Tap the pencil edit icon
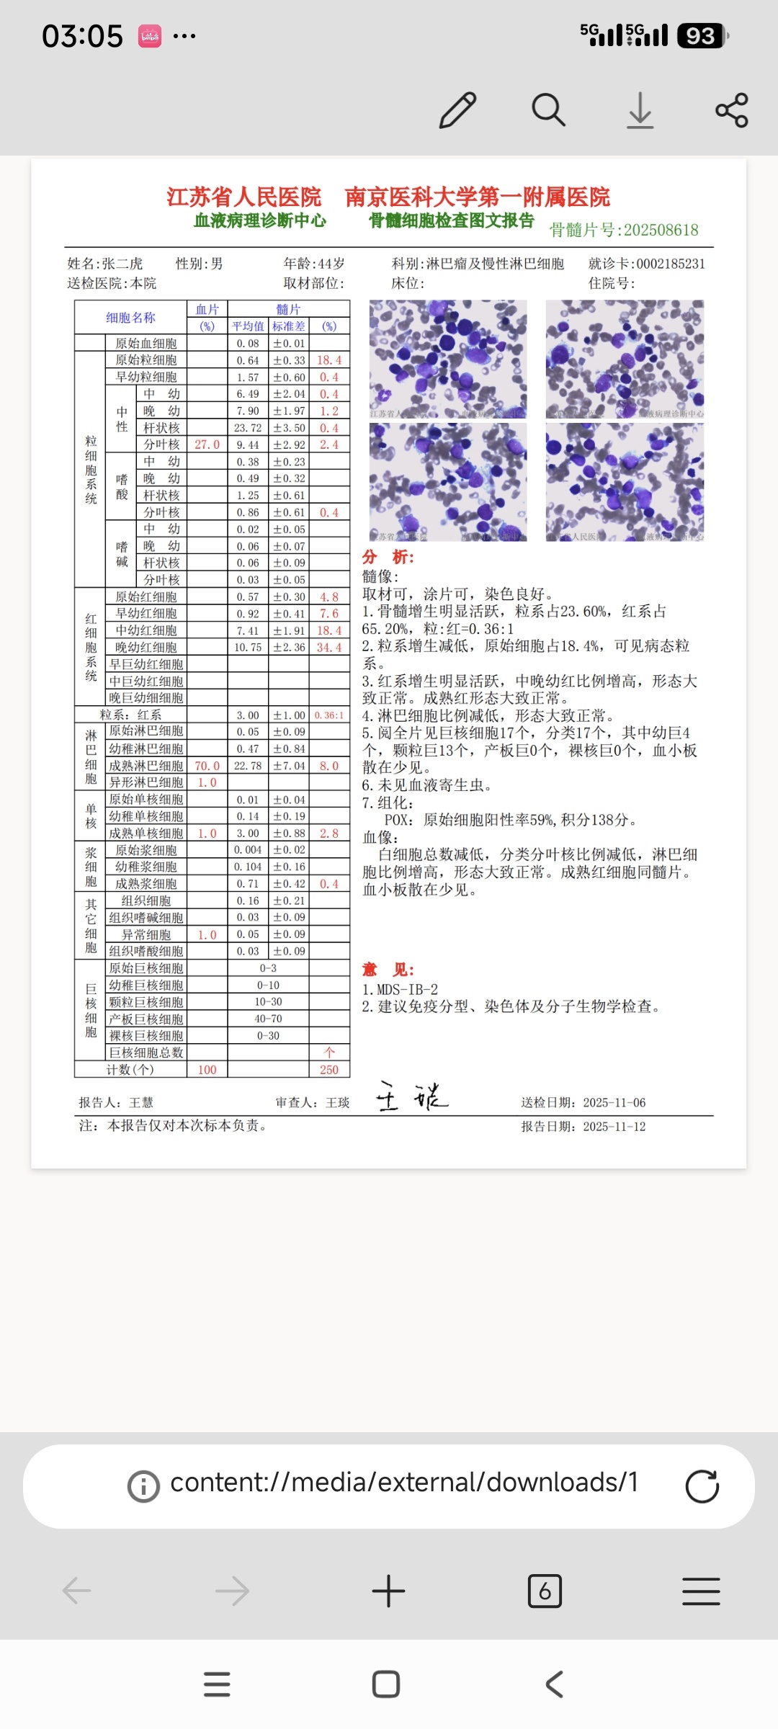click(458, 110)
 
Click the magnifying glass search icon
click(548, 110)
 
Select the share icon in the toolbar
click(732, 110)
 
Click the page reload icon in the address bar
click(702, 1485)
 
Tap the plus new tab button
click(388, 1591)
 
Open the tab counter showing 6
click(545, 1591)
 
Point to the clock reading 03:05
click(82, 36)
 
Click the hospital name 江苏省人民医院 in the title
click(243, 197)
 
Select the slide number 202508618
click(661, 230)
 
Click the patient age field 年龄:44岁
click(314, 264)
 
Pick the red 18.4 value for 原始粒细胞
click(329, 360)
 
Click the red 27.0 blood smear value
click(207, 444)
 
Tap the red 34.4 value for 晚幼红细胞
click(329, 648)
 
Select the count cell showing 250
click(329, 1070)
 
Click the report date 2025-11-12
click(614, 1127)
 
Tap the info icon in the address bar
click(143, 1486)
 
